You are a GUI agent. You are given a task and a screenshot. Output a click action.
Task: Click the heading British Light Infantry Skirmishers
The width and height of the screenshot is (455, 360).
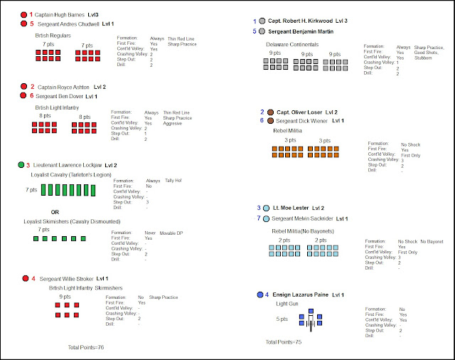point(85,287)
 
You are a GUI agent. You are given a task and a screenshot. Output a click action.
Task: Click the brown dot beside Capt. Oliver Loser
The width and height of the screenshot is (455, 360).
point(270,112)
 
